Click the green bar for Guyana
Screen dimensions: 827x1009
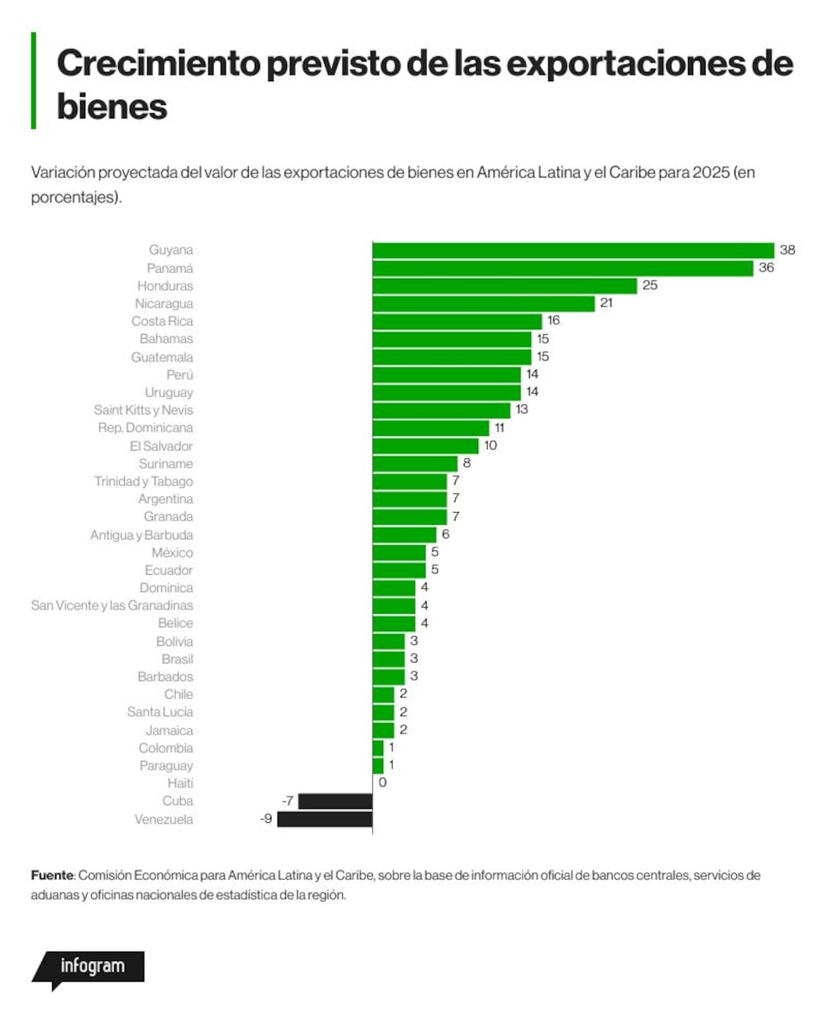[573, 251]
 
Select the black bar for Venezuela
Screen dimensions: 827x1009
[325, 819]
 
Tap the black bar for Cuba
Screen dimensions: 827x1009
[335, 801]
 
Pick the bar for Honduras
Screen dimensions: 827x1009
[504, 286]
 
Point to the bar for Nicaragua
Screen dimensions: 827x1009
[484, 304]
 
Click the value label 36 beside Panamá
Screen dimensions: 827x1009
[766, 267]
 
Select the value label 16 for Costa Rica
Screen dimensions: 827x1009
[553, 321]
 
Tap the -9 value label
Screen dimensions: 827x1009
[266, 819]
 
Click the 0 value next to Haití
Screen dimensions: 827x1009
[382, 782]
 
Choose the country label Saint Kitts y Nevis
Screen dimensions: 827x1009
[144, 410]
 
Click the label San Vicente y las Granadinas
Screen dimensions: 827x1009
[112, 605]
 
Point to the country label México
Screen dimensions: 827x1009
[172, 552]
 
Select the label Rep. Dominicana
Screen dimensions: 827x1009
[146, 428]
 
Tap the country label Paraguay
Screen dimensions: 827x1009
[166, 766]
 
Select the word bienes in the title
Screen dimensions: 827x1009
[112, 106]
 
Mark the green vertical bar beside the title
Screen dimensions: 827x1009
[33, 80]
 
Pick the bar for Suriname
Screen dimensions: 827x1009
[414, 464]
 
